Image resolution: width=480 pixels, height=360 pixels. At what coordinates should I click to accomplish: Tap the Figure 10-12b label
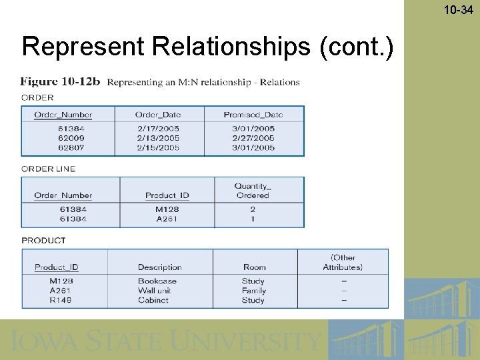pyautogui.click(x=60, y=82)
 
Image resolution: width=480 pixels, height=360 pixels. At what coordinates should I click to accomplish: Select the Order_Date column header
pyautogui.click(x=157, y=115)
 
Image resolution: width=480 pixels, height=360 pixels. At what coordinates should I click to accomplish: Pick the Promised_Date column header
pyautogui.click(x=253, y=115)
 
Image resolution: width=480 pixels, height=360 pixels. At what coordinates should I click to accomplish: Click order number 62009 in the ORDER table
pyautogui.click(x=71, y=138)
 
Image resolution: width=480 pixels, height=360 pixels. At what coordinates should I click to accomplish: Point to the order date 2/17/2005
pyautogui.click(x=159, y=129)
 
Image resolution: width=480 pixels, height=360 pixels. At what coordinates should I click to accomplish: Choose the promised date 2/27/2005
pyautogui.click(x=253, y=138)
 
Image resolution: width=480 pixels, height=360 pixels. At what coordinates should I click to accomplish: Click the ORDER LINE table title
pyautogui.click(x=49, y=169)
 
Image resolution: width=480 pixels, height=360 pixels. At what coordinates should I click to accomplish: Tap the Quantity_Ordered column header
pyautogui.click(x=253, y=191)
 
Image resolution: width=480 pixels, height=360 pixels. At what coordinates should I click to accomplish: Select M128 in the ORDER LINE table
pyautogui.click(x=167, y=209)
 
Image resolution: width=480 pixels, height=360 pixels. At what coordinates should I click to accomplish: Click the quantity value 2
pyautogui.click(x=253, y=209)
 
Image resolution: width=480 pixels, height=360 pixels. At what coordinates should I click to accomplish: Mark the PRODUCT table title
pyautogui.click(x=44, y=240)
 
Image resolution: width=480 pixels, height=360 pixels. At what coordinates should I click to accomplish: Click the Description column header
pyautogui.click(x=160, y=267)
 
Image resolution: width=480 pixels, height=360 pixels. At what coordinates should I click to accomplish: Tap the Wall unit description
pyautogui.click(x=155, y=291)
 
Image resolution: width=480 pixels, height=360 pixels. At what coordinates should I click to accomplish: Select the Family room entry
pyautogui.click(x=253, y=291)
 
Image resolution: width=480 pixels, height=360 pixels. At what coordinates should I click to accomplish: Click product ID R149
pyautogui.click(x=61, y=300)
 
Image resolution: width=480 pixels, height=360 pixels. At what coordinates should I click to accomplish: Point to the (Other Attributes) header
pyautogui.click(x=343, y=262)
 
